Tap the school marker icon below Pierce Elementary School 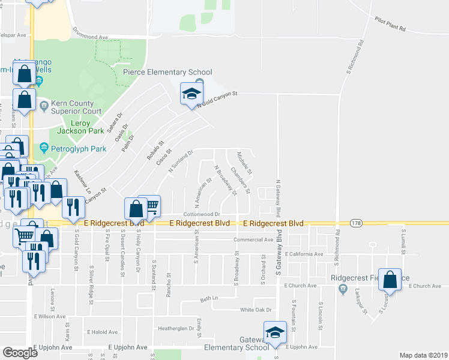pos(191,94)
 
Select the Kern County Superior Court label pos(76,107)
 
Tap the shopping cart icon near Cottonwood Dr pos(150,205)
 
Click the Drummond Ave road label pos(91,37)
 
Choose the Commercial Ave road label pos(253,239)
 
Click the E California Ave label pos(304,254)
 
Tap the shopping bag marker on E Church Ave pos(390,280)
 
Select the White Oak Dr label pos(256,310)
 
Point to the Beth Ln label pos(207,298)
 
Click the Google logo pos(20,353)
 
